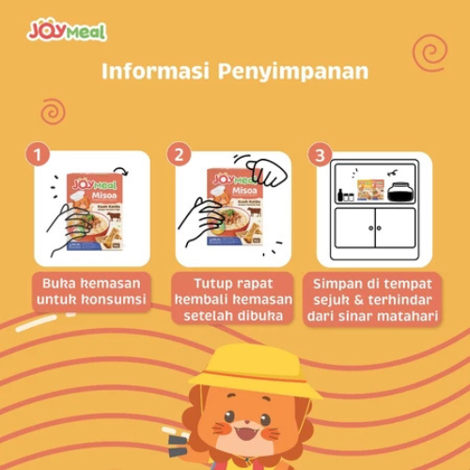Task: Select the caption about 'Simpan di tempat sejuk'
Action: point(375,300)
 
